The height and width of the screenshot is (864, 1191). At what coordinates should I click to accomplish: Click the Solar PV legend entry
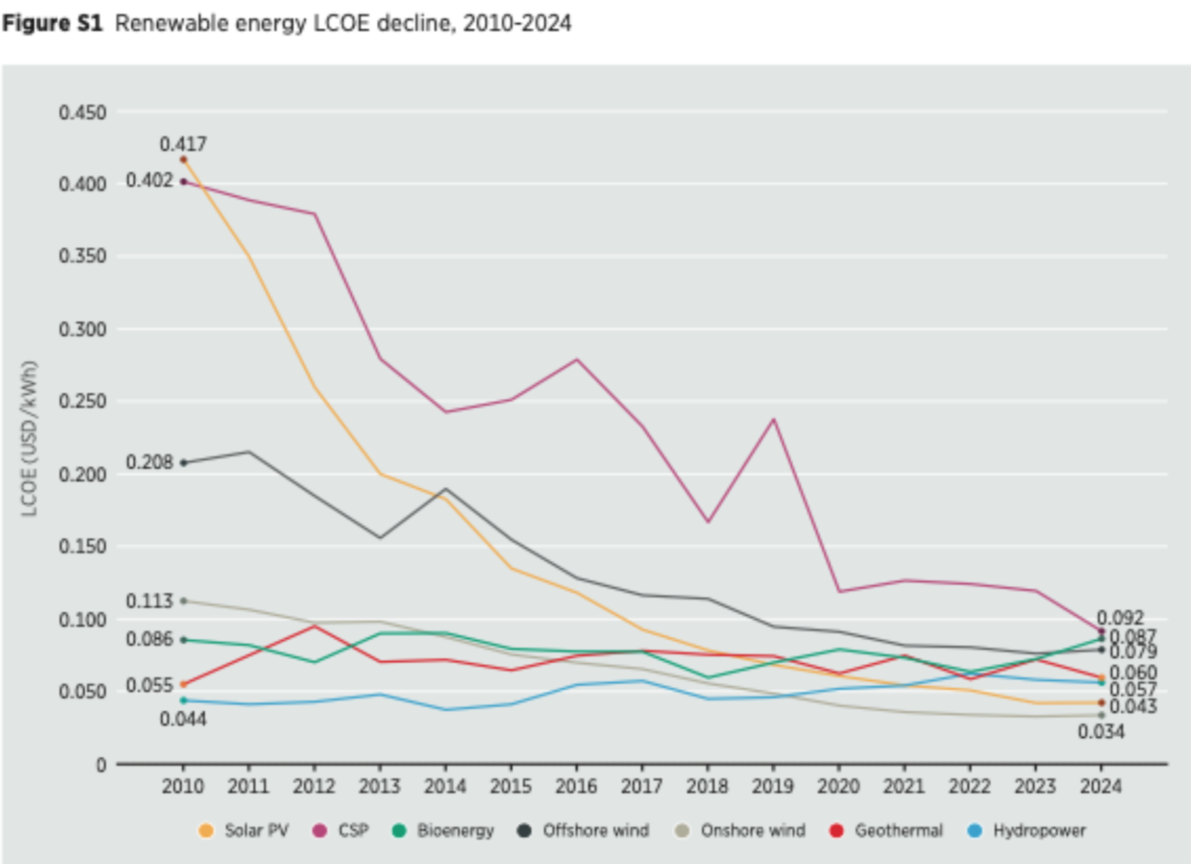coord(244,831)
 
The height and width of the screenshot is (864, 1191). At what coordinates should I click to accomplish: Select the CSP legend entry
coord(342,831)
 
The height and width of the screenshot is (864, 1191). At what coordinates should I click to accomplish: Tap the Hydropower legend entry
coord(1027,831)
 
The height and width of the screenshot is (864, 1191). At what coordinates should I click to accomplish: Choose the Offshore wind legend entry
coord(584,831)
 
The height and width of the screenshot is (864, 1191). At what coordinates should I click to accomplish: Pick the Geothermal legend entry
coord(887,831)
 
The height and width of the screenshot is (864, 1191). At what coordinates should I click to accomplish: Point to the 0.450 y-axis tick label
coord(82,113)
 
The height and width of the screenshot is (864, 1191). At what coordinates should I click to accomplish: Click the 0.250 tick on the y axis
coord(82,401)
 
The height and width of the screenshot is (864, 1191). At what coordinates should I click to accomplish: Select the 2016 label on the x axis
coord(576,786)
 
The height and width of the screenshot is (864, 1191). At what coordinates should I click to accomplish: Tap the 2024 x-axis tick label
coord(1101,786)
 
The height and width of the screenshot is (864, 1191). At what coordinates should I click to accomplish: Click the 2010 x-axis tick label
coord(183,786)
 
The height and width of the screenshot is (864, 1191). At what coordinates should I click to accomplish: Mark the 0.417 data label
coord(183,144)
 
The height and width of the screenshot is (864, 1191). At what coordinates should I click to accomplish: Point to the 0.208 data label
coord(150,462)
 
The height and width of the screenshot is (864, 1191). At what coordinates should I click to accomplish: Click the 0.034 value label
coord(1101,733)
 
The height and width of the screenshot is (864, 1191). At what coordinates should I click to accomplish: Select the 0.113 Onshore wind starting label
coord(150,601)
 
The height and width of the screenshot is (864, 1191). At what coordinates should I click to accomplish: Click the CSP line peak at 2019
coord(773,419)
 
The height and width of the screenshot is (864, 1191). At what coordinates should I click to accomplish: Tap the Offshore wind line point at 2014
coord(445,489)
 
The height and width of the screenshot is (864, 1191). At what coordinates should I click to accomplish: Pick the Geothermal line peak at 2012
coord(314,626)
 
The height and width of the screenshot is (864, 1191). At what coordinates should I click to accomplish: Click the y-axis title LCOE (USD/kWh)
coord(29,438)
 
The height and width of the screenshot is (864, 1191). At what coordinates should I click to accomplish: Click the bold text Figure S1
coord(52,23)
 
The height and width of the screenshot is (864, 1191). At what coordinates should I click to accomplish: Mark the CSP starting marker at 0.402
coord(184,182)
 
